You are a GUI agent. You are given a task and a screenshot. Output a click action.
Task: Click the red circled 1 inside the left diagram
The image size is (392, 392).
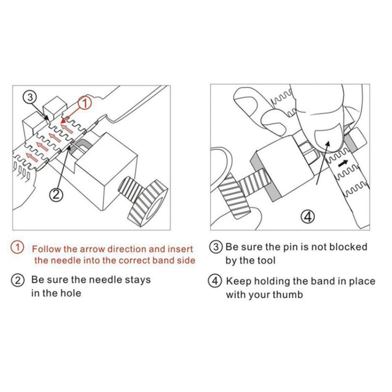85,103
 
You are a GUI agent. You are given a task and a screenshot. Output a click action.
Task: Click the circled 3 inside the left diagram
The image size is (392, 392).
30,97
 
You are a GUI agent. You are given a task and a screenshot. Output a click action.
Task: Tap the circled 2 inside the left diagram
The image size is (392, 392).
56,194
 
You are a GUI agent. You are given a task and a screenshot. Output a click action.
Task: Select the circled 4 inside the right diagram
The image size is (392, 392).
307,216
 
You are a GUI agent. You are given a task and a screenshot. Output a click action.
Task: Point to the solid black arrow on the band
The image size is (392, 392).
343,164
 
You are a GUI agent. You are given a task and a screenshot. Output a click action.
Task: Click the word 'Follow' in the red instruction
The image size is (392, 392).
47,249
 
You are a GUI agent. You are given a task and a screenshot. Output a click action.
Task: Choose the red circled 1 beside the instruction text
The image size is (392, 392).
17,248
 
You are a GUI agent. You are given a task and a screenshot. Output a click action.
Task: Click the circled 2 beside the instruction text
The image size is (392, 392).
18,281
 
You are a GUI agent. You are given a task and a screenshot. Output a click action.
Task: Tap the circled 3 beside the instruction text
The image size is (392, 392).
216,247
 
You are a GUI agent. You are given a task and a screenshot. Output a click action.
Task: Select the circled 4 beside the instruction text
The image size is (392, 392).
215,281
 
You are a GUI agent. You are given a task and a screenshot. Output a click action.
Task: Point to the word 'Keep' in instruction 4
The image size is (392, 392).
238,282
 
